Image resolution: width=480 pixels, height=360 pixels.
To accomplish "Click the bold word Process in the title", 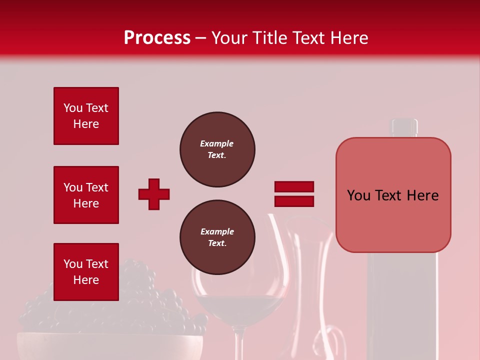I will (x=157, y=38).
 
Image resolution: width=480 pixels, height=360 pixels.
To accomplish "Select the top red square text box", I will (x=86, y=116).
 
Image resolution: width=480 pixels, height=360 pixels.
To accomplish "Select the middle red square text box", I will (x=86, y=195).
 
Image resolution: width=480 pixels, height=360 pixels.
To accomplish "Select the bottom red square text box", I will (x=86, y=272).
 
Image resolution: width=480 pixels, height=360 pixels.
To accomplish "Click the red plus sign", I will (x=154, y=194).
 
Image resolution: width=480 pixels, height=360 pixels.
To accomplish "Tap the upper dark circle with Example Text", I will (x=217, y=149).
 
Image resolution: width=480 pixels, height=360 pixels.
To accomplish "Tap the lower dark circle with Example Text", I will (x=217, y=237).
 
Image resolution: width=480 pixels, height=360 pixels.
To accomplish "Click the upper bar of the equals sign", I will (x=294, y=187).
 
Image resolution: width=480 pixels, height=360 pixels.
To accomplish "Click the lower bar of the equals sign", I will (x=294, y=201).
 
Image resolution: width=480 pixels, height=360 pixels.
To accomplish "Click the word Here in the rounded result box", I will (x=422, y=195).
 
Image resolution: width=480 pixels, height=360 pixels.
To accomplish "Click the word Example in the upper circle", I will (x=217, y=144).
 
